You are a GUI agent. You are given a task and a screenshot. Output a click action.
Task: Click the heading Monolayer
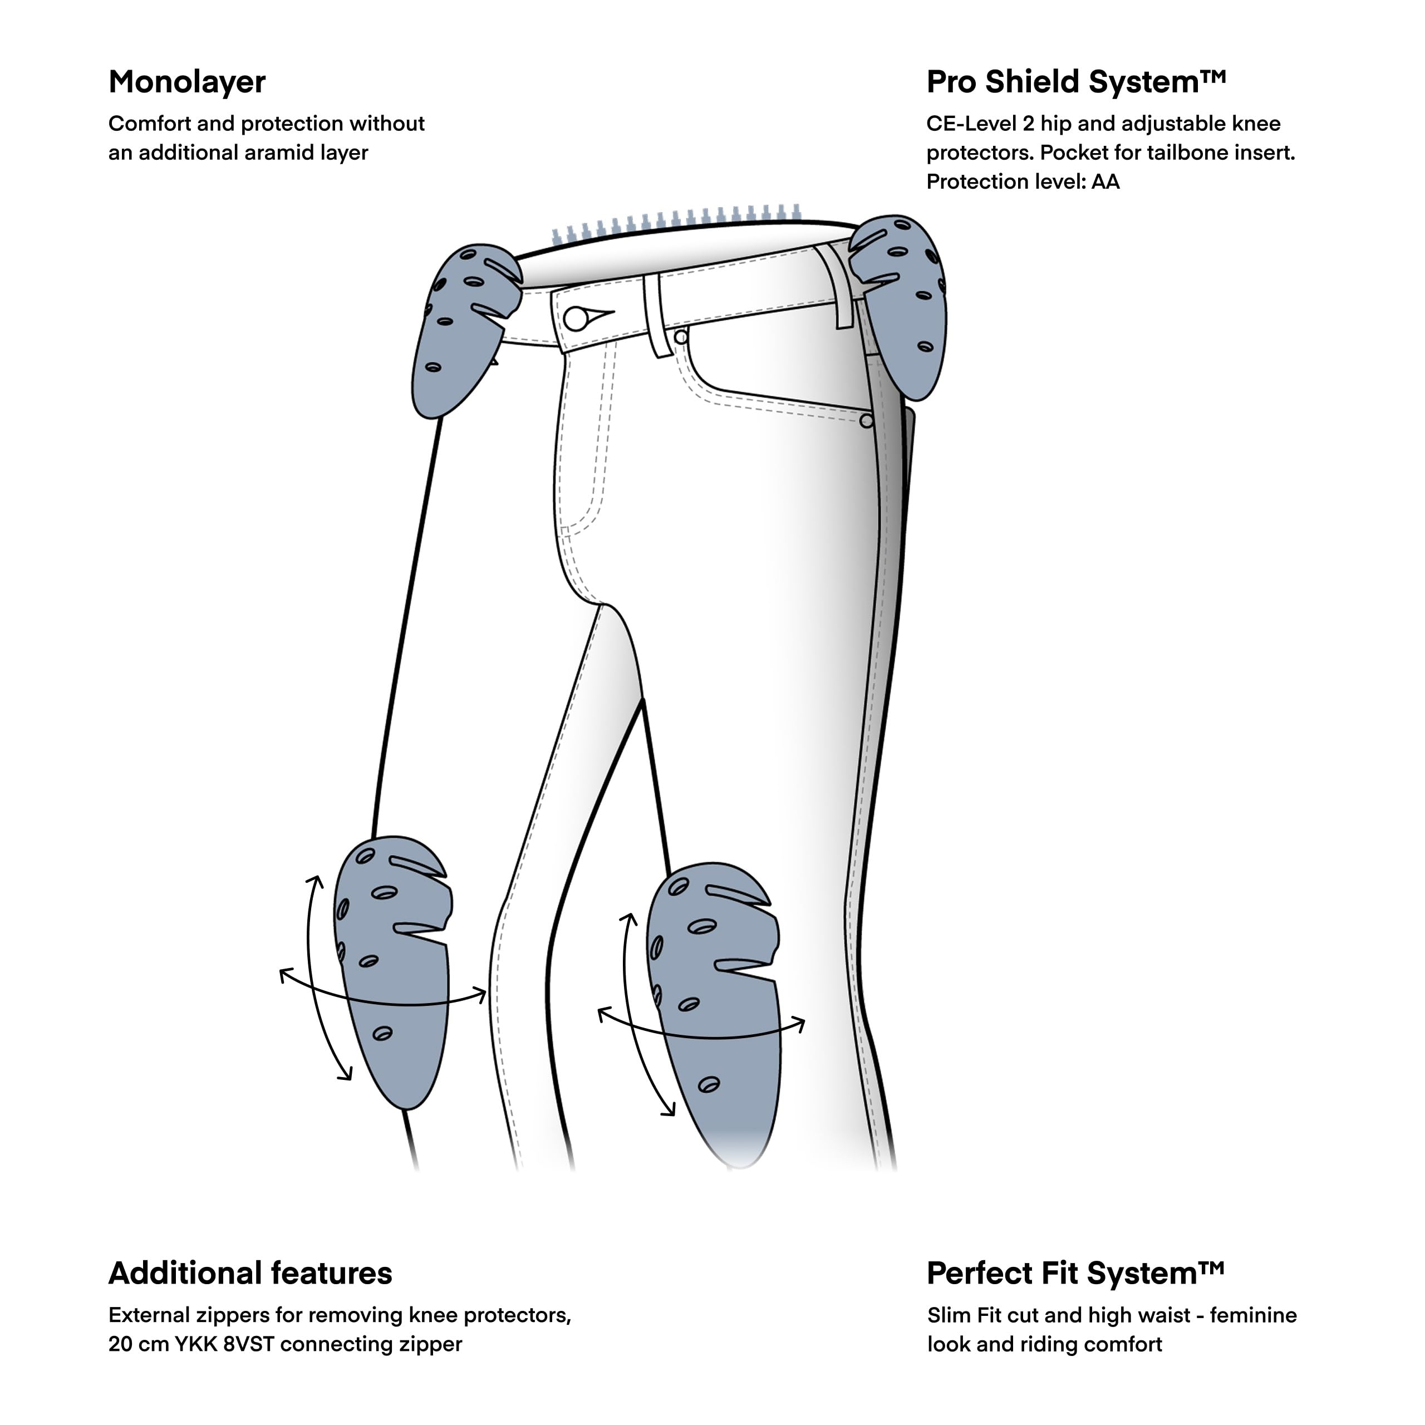coord(186,82)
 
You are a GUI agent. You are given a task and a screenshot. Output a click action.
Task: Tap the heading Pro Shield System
coord(1076,82)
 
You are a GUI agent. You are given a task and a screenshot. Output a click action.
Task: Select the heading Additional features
coord(250,1273)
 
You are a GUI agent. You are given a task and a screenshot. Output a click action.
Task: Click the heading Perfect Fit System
coord(1075,1273)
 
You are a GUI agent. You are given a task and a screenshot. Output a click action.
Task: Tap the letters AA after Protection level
coord(1105,181)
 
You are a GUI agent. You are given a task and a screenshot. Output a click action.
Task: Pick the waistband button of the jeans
coord(576,318)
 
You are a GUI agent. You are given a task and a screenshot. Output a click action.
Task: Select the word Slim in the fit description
coord(949,1315)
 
